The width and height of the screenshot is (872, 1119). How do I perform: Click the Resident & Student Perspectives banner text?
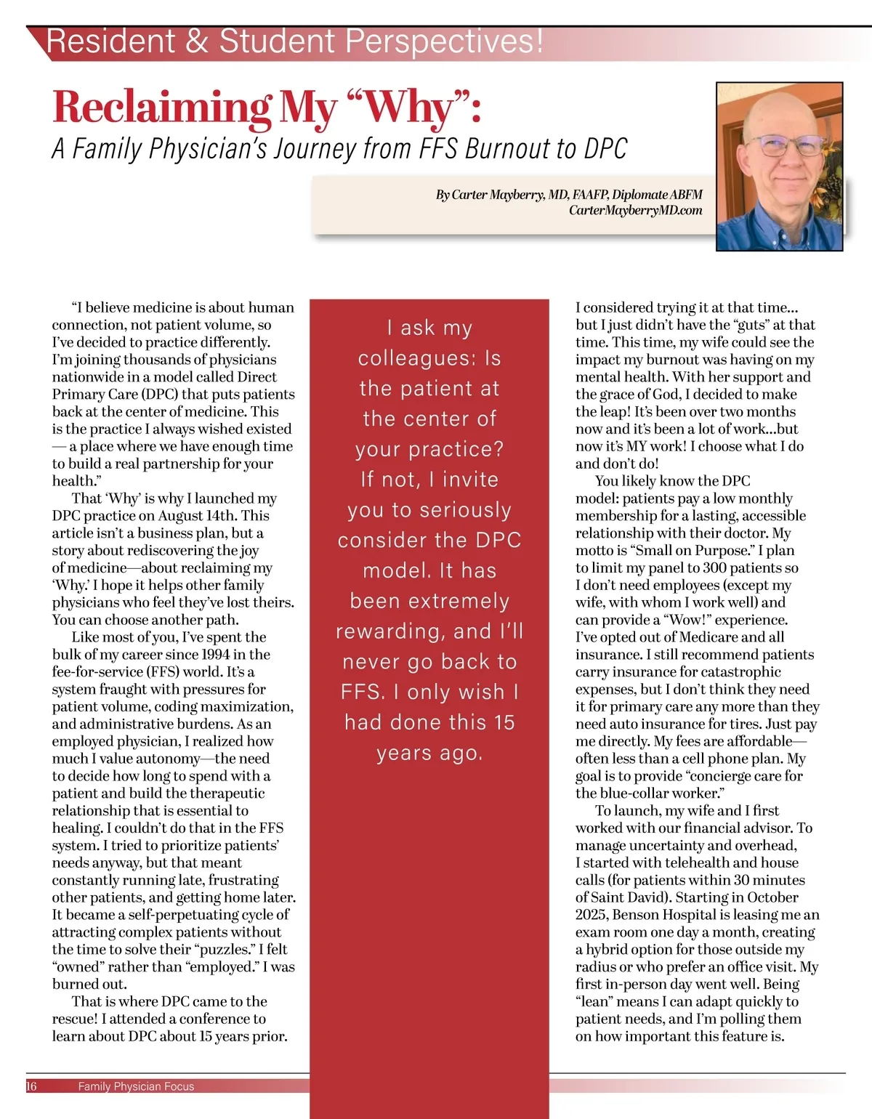coord(294,41)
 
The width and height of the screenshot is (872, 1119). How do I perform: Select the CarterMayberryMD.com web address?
coord(636,211)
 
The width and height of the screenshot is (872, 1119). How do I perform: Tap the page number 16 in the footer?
coord(31,1086)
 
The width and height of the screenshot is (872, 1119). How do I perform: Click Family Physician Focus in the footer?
coord(136,1086)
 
